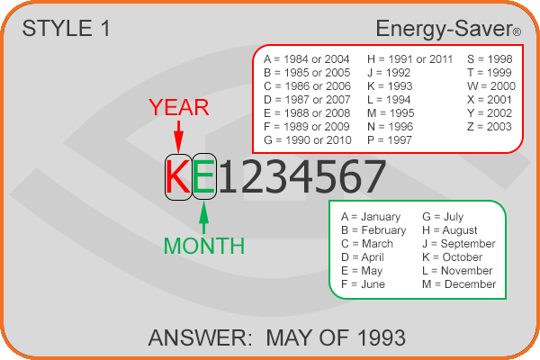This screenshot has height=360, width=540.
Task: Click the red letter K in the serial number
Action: click(x=178, y=176)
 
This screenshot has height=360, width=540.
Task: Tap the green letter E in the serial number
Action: click(x=204, y=176)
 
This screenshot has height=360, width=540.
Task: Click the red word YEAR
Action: click(x=179, y=107)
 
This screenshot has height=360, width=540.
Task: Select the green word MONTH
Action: click(x=204, y=246)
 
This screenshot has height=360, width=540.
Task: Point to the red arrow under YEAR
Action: click(x=178, y=137)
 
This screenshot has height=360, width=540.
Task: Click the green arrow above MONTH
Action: click(x=204, y=218)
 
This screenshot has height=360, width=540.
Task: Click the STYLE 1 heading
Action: click(x=66, y=28)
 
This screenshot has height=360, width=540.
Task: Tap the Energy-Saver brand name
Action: click(x=448, y=29)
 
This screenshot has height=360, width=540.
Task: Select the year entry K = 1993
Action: click(x=390, y=86)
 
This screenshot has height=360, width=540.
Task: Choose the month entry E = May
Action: click(x=362, y=271)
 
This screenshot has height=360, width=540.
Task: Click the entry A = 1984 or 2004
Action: click(x=307, y=59)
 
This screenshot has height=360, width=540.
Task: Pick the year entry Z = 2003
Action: click(x=490, y=127)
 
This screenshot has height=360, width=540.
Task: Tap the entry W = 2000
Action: click(x=491, y=86)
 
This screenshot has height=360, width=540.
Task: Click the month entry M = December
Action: click(x=459, y=284)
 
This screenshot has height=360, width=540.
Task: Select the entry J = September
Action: click(x=459, y=244)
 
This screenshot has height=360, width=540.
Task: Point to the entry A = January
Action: click(x=371, y=217)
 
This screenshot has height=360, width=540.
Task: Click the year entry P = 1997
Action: click(x=390, y=140)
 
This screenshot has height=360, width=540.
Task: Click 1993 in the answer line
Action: click(x=382, y=338)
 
